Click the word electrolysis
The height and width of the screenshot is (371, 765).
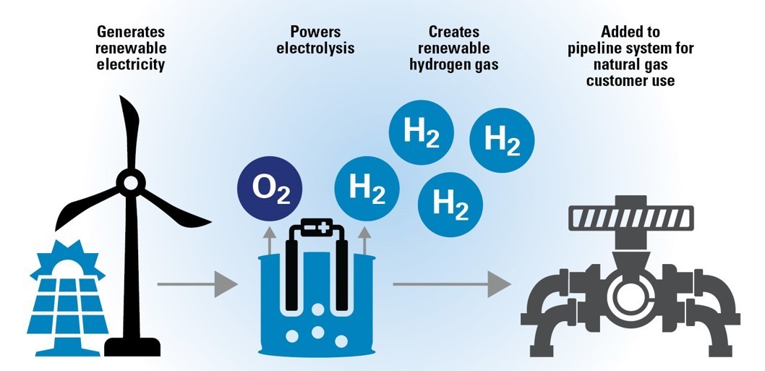click(315, 49)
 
